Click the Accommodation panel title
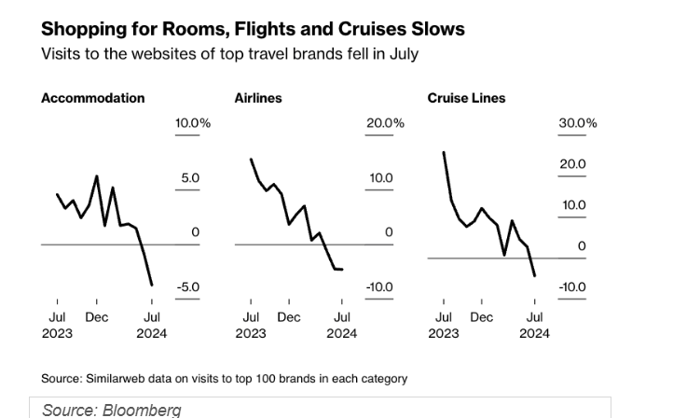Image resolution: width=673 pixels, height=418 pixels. (x=92, y=98)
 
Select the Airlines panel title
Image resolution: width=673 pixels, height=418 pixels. (x=258, y=98)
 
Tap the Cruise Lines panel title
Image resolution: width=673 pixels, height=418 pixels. (x=466, y=98)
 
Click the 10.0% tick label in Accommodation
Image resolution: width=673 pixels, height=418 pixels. (x=193, y=123)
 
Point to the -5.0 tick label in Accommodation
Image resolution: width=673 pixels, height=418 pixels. (x=188, y=286)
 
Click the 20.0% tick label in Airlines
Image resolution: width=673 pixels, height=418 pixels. (x=385, y=123)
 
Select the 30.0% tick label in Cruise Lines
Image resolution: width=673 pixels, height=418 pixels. (x=578, y=123)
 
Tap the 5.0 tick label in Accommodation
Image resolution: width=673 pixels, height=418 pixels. (x=189, y=177)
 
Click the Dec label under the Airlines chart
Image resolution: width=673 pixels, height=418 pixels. (x=289, y=317)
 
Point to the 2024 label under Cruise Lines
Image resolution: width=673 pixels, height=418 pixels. (x=534, y=333)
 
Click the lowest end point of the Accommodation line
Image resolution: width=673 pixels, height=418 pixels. (x=151, y=285)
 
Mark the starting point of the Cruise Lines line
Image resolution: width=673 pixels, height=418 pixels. (x=443, y=151)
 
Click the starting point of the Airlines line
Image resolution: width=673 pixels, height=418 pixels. (x=250, y=160)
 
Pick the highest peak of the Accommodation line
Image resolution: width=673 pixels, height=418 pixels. (x=97, y=175)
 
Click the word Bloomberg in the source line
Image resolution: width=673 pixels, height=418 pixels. (x=142, y=410)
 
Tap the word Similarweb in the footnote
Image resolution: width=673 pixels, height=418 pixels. (x=111, y=379)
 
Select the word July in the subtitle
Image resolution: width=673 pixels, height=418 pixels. (x=402, y=53)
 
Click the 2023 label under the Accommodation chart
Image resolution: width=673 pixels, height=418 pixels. (x=57, y=333)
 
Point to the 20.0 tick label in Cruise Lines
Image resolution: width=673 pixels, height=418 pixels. (x=571, y=164)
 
